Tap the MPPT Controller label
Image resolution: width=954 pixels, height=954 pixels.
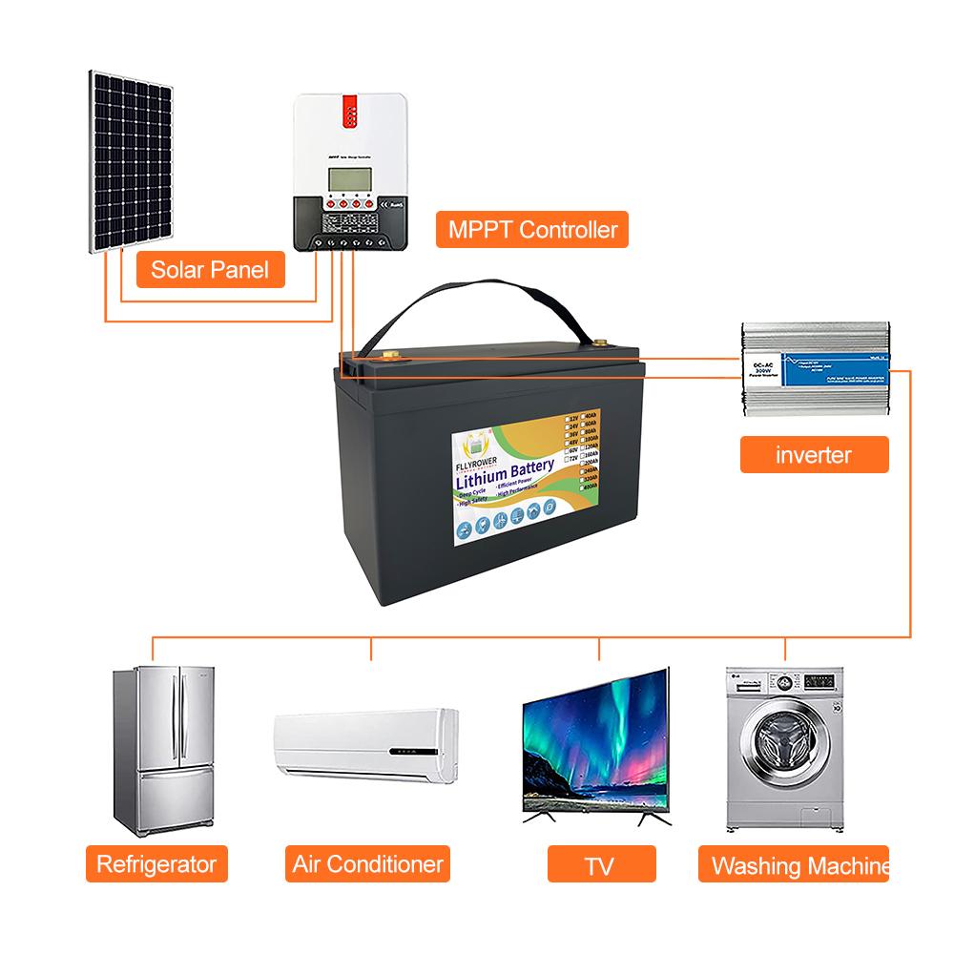(532, 229)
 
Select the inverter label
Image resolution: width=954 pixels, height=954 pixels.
(814, 454)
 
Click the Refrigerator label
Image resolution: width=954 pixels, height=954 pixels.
(156, 864)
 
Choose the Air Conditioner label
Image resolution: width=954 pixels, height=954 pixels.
(368, 864)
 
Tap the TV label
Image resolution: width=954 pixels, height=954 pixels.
(598, 865)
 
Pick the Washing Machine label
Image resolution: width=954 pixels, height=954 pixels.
(794, 865)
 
